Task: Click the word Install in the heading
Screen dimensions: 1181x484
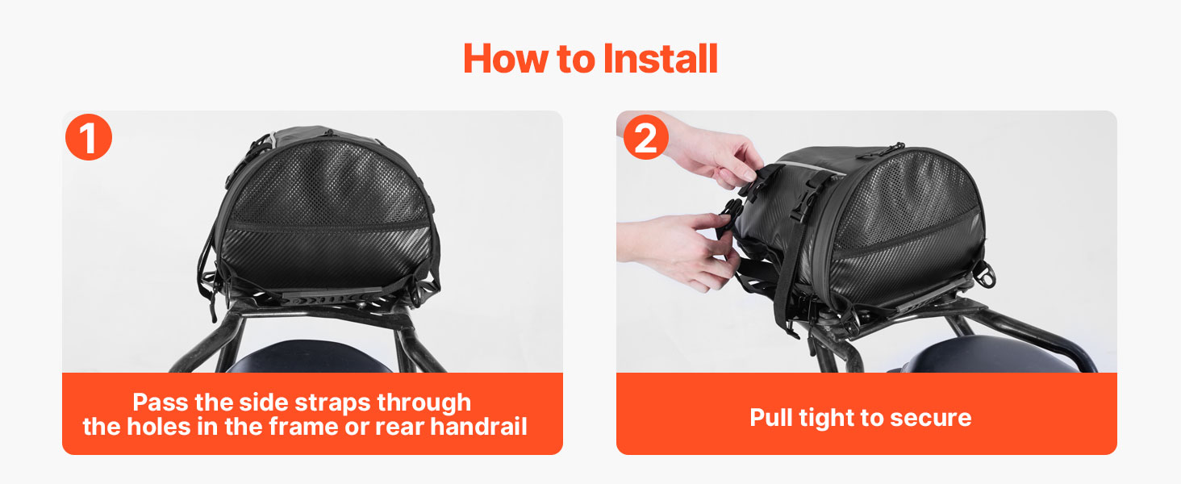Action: [x=660, y=59]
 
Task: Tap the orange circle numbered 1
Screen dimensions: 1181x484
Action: [x=89, y=137]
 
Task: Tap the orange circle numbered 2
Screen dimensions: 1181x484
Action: [x=646, y=137]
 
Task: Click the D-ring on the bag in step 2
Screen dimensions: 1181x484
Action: [x=983, y=274]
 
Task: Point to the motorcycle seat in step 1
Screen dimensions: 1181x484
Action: [x=311, y=357]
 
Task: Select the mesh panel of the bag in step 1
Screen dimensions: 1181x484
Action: [x=327, y=187]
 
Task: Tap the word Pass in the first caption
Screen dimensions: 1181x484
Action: [x=161, y=403]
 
